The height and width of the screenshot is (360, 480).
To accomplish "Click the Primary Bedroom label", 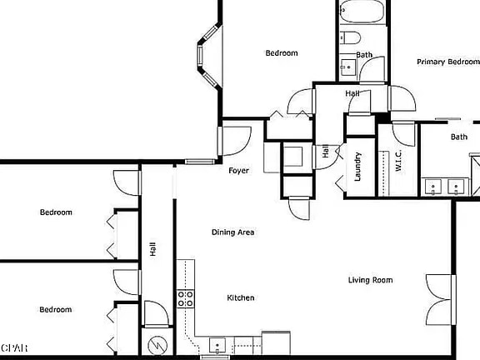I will [448, 62].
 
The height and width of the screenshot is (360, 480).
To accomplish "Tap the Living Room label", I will [370, 280].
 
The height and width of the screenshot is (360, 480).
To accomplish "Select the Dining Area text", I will [232, 232].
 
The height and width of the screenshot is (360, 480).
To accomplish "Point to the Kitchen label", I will [241, 297].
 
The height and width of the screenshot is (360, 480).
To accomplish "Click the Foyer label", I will [239, 171].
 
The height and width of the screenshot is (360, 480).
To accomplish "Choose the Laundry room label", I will [357, 166].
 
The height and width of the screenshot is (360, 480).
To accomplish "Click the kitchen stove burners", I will [185, 298].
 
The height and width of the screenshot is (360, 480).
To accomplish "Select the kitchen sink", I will [217, 345].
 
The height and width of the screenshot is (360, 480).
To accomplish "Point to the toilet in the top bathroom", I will [350, 37].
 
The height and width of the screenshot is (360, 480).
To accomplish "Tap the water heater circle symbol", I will [157, 344].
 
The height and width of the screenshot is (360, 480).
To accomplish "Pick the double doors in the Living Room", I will [441, 299].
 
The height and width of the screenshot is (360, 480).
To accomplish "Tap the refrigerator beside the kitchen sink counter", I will [275, 343].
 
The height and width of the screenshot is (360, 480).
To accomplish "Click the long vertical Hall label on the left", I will [152, 248].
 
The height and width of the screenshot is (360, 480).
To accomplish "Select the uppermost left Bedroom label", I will [56, 212].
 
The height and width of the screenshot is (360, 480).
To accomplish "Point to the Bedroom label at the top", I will [282, 53].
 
